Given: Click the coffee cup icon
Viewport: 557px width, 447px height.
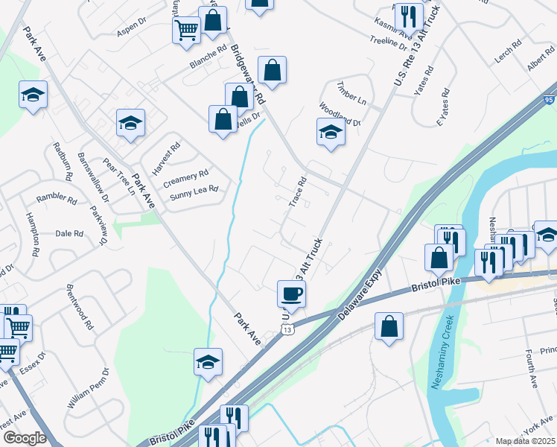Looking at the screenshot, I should tap(291, 293).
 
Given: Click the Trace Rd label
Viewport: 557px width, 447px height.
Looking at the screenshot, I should tap(297, 193).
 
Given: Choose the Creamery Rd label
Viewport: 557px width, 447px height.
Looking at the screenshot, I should tap(185, 176).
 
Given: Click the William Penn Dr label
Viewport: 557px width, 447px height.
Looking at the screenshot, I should tap(89, 388).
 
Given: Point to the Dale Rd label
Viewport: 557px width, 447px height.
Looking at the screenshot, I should tap(69, 233).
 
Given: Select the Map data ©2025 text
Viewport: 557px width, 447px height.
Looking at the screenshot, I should tap(525, 441).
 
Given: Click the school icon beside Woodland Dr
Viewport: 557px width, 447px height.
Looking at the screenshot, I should tap(331, 132).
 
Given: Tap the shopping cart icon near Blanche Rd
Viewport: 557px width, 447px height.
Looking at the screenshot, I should tap(186, 31).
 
